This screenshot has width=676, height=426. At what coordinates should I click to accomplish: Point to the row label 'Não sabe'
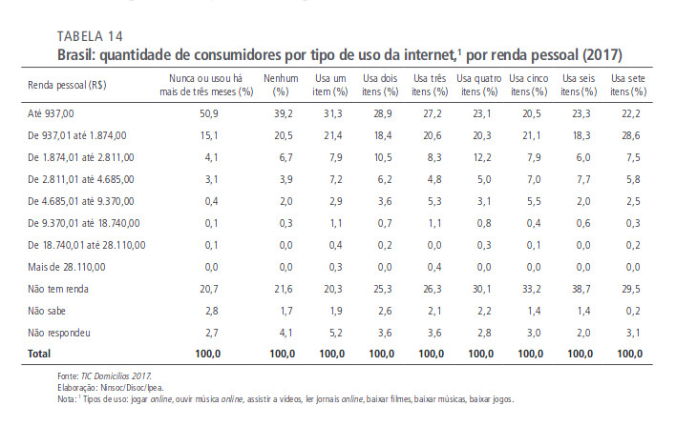[x=52, y=309]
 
